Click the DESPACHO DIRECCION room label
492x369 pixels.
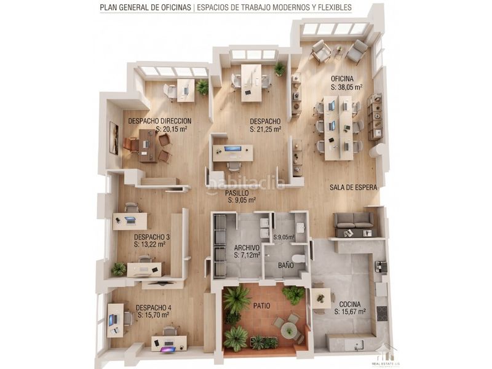[x=160, y=121]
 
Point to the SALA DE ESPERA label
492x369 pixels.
[x=354, y=188]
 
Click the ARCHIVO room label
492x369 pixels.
[x=247, y=248]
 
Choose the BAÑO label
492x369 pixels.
[x=286, y=266]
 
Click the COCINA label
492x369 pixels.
[x=350, y=304]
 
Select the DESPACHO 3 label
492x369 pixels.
[x=152, y=236]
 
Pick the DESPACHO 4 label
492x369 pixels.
[x=154, y=307]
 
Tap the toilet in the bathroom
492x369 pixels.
[x=297, y=258]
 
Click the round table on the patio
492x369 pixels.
[x=288, y=331]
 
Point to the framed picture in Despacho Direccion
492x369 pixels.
[x=114, y=138]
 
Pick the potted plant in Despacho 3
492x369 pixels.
[x=118, y=269]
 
